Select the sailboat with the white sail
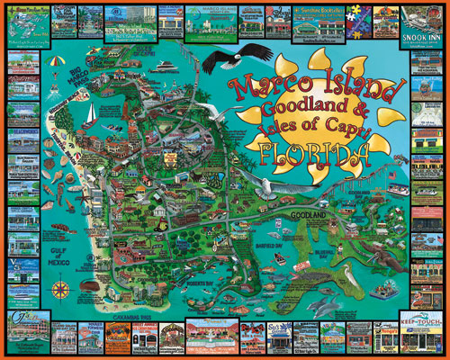(x=92, y=114)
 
